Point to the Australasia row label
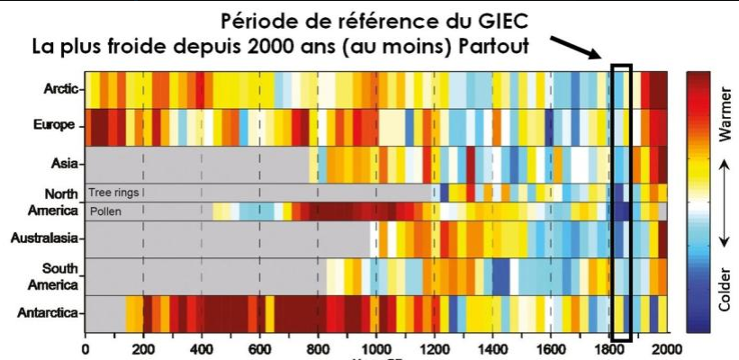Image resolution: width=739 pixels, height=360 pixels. [47, 238]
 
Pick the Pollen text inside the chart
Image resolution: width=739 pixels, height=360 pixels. [104, 211]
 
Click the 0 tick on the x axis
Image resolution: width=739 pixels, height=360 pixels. [85, 348]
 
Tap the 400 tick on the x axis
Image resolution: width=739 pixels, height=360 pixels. [201, 348]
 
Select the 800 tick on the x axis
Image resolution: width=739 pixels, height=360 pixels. [318, 348]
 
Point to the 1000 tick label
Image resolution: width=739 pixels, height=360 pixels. [375, 348]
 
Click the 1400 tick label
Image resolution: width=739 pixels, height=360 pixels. [492, 348]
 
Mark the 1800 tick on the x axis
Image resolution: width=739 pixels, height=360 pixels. [608, 348]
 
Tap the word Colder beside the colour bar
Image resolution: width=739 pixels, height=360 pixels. [725, 289]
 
